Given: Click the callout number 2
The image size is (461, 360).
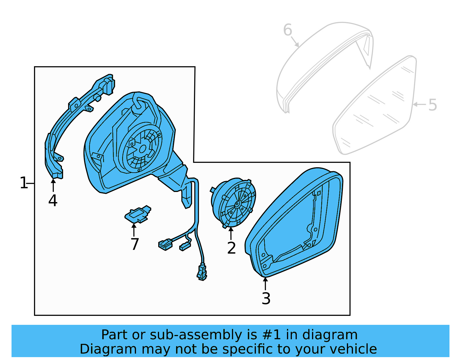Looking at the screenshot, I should point(231,248).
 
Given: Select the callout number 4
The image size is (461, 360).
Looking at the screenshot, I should point(53,201).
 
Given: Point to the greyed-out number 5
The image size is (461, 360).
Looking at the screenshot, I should point(432,105).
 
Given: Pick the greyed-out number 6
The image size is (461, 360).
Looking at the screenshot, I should point(288,30).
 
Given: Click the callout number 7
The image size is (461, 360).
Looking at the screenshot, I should point(135,244).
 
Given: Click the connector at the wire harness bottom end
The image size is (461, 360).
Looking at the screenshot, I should point(202,272).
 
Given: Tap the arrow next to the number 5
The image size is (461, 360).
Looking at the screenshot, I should point(420,104).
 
